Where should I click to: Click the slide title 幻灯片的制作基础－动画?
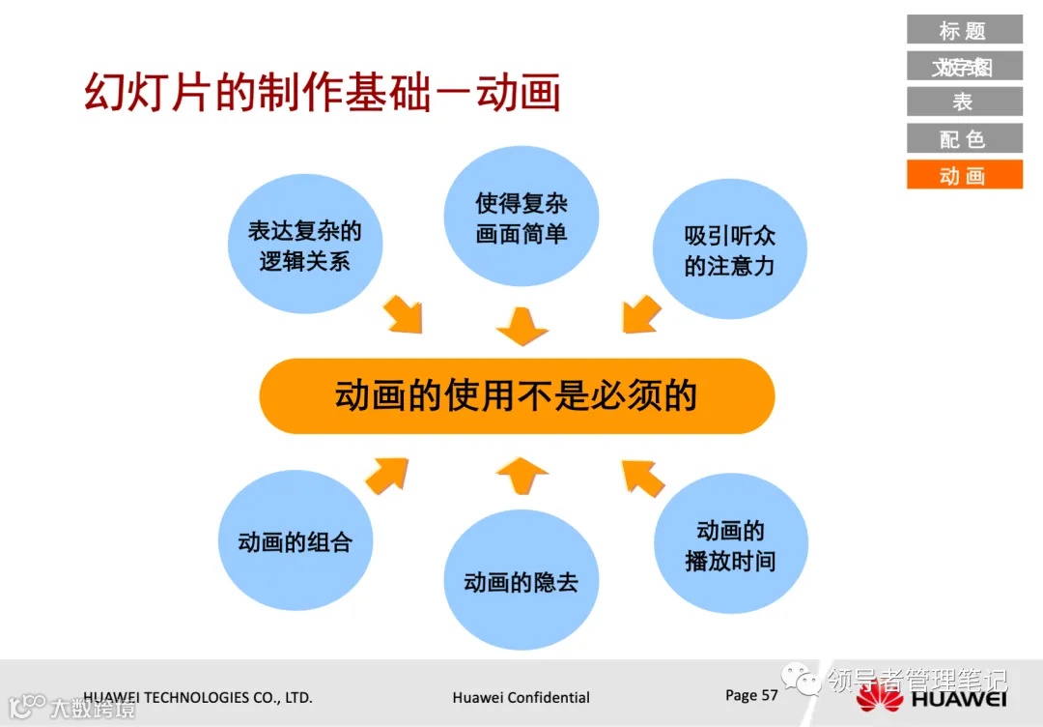coord(323,93)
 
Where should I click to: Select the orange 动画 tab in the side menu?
coord(964,175)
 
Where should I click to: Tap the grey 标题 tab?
coord(964,30)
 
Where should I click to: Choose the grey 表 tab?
coord(964,102)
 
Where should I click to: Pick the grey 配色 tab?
coord(964,138)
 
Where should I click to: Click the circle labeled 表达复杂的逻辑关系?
coord(305,246)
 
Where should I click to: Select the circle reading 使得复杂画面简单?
coord(521,218)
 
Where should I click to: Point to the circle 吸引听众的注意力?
coord(730,250)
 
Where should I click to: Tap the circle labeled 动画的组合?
coord(296,541)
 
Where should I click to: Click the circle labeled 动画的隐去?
coord(521,580)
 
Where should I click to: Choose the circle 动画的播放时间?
coord(730,544)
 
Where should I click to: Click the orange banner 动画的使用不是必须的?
coord(517,396)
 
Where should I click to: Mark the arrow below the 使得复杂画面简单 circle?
coord(522,327)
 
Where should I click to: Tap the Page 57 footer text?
coord(751,695)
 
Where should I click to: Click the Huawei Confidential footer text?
coord(521,697)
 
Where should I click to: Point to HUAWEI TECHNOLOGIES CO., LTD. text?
coord(198,697)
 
